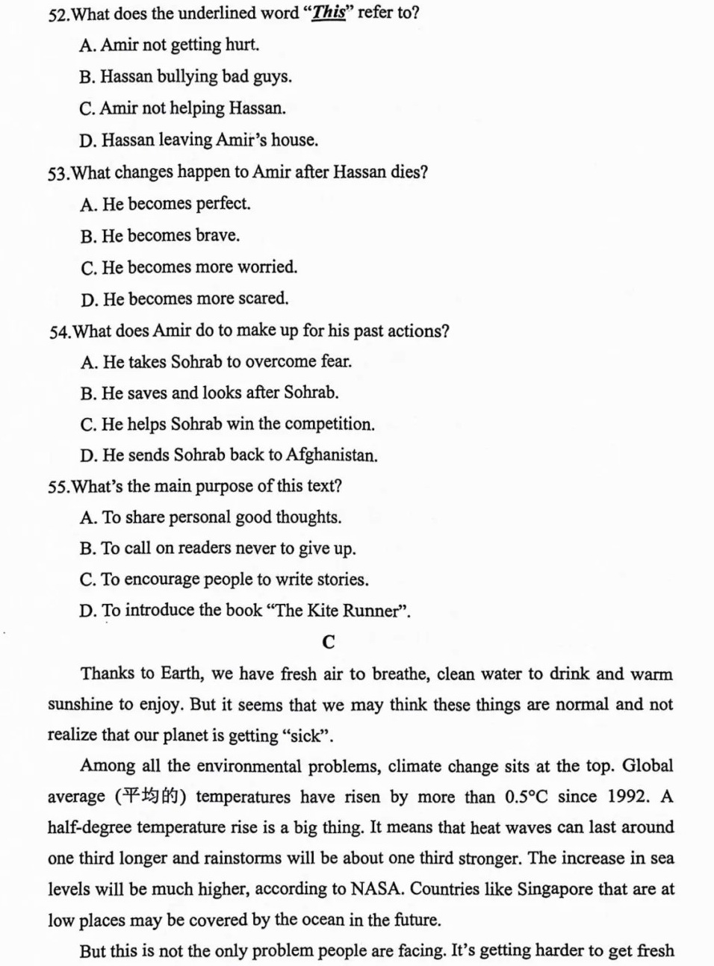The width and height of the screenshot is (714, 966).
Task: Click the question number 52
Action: click(x=58, y=13)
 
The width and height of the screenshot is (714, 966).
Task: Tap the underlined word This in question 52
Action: click(x=329, y=13)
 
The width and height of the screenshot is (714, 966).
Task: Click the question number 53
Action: click(x=58, y=172)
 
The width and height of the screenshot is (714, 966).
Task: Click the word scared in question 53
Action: click(x=263, y=299)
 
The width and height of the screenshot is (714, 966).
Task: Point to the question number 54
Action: click(x=60, y=331)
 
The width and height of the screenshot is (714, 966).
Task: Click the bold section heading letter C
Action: click(x=328, y=641)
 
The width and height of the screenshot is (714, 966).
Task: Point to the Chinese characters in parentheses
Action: click(x=151, y=797)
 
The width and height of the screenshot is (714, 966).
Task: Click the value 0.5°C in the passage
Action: click(x=526, y=797)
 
